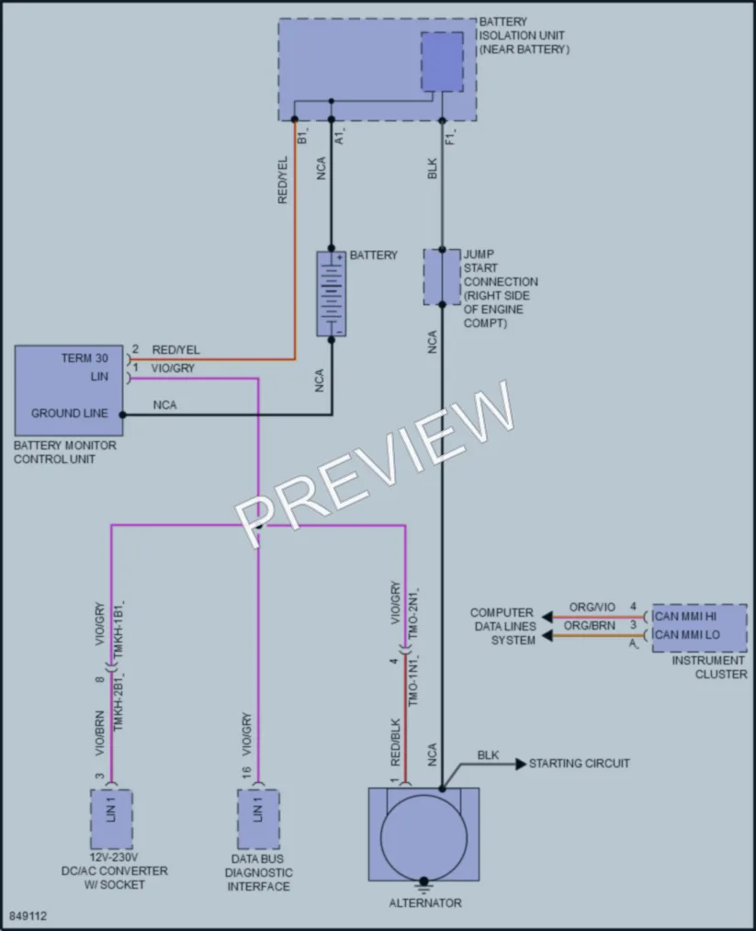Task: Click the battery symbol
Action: point(331,293)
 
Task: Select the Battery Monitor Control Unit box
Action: point(69,390)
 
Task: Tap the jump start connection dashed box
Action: point(442,277)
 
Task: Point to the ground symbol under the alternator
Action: point(423,886)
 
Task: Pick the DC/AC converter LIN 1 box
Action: point(111,819)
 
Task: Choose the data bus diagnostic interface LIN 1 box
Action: point(258,819)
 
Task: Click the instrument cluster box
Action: point(700,629)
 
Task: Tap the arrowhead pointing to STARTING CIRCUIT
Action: point(521,764)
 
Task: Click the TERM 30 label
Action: point(85,358)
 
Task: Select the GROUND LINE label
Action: point(70,414)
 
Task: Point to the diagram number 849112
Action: point(28,916)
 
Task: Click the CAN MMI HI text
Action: point(685,617)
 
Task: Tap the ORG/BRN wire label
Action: point(589,626)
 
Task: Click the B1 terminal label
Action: point(302,137)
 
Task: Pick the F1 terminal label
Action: point(450,137)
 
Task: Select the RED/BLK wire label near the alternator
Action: point(396,742)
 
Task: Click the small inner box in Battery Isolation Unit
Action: point(442,62)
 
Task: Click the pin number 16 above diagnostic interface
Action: point(247,771)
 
